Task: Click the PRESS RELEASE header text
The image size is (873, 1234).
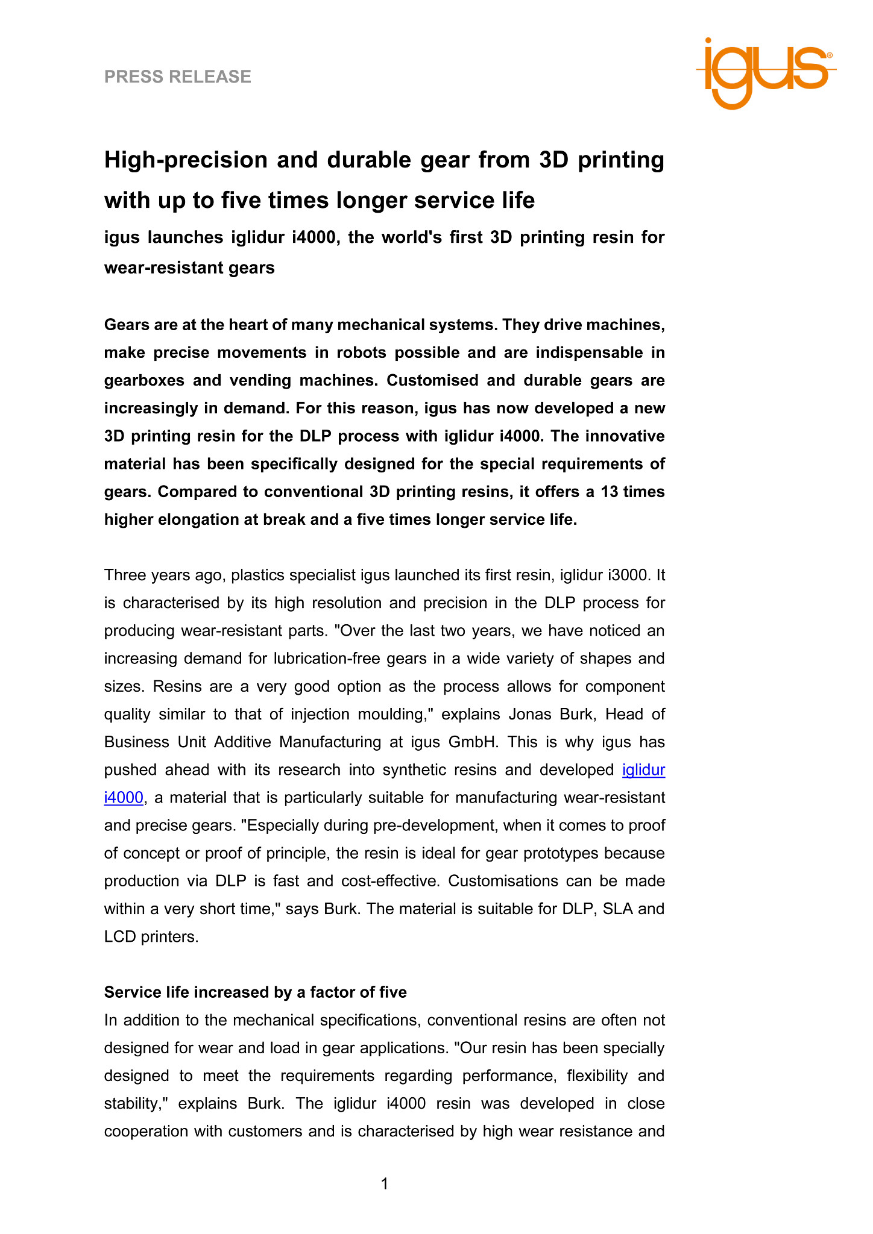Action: tap(178, 77)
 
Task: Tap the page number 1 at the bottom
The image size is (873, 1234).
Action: tap(385, 1184)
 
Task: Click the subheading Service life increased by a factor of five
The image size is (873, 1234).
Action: tap(256, 992)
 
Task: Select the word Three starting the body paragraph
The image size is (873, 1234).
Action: tap(125, 575)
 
